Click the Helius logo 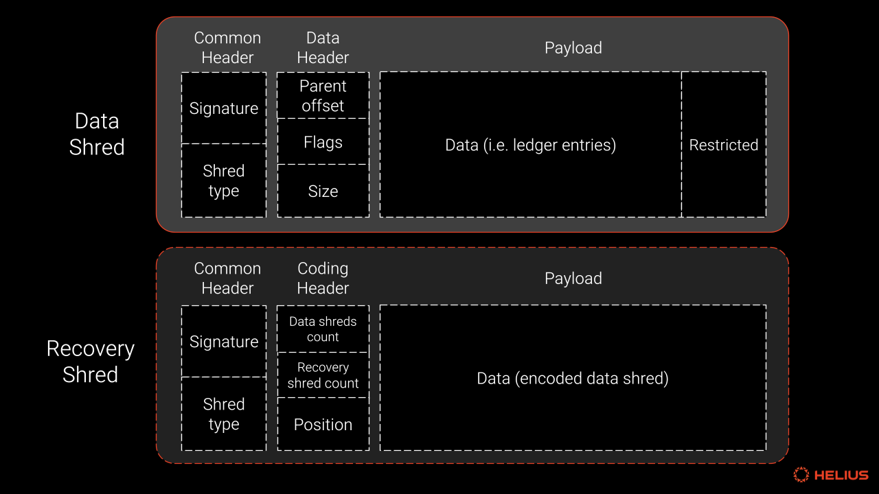coord(831,475)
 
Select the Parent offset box coord(323,95)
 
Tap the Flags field coord(323,141)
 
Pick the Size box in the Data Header coord(323,191)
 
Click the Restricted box coord(724,145)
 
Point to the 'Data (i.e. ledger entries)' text coord(531,145)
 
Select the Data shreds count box coord(323,329)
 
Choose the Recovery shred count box coord(323,375)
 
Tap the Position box coord(323,424)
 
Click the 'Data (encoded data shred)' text coord(573,378)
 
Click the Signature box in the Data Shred coord(224,108)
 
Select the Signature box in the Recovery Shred coord(224,342)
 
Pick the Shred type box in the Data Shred coord(224,180)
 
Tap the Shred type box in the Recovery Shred coord(224,414)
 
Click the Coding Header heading coord(323,279)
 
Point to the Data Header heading coord(323,48)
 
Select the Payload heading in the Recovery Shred coord(573,279)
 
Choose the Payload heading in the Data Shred coord(573,48)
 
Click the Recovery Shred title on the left coord(90,362)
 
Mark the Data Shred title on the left coord(97,134)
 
